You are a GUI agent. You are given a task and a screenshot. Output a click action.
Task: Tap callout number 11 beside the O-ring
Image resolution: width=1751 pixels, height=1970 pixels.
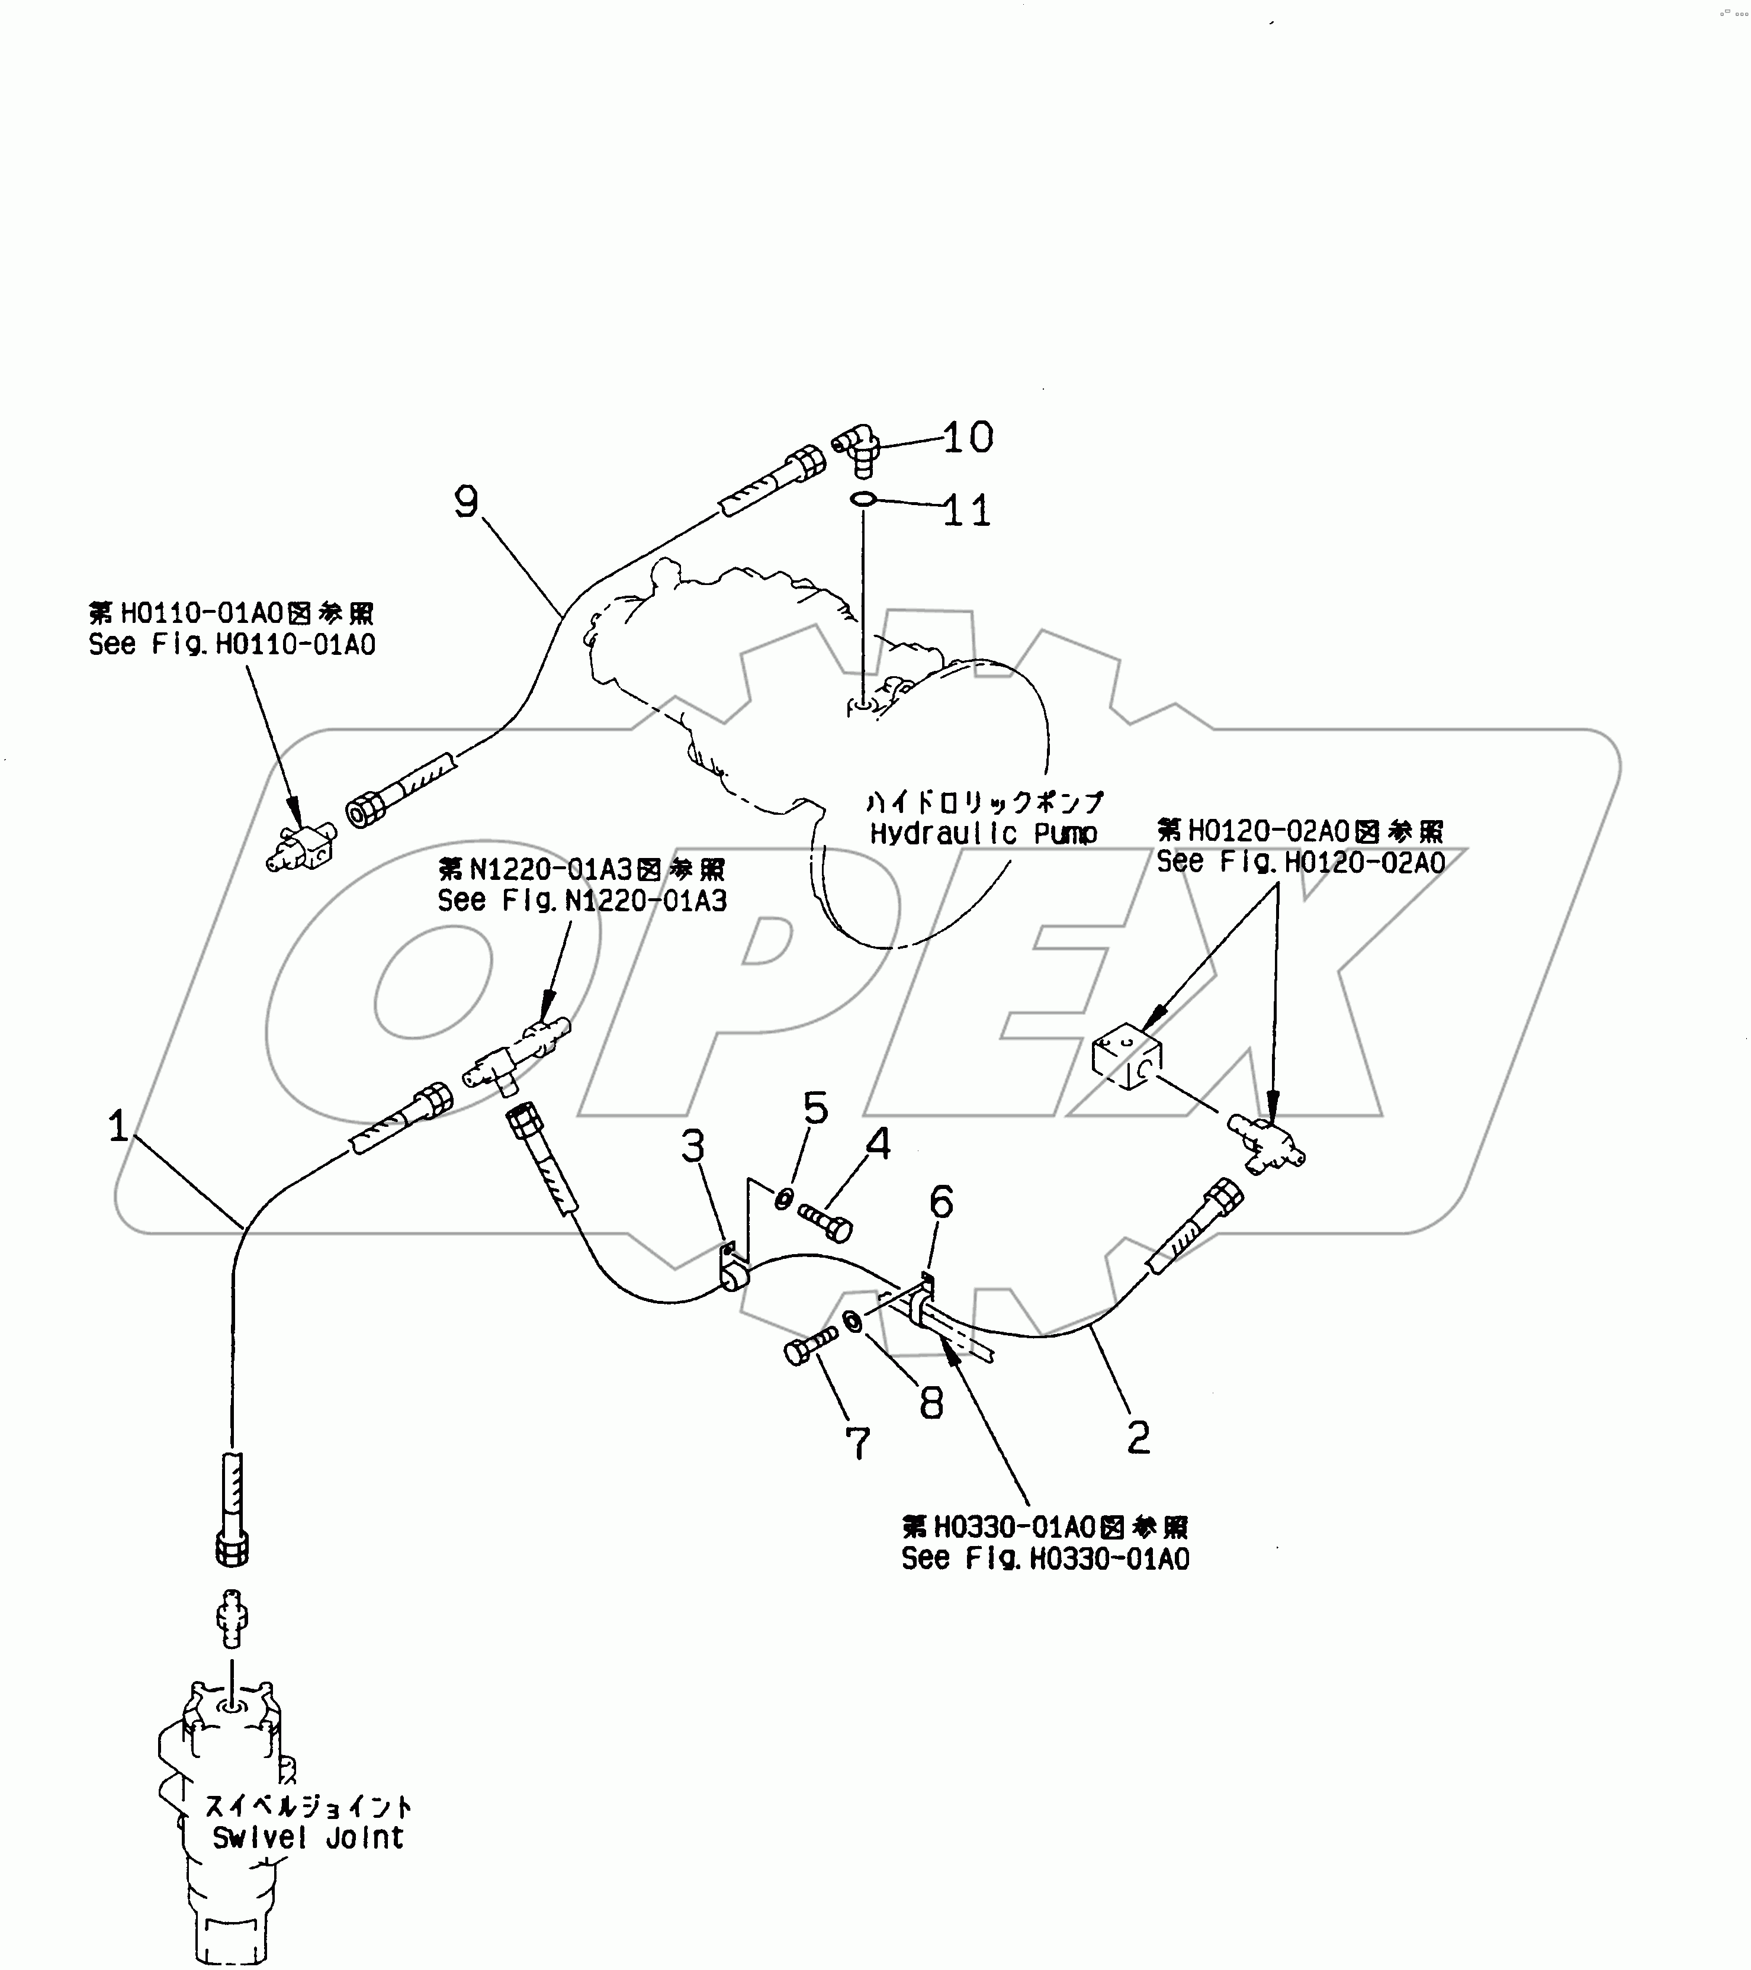click(x=966, y=511)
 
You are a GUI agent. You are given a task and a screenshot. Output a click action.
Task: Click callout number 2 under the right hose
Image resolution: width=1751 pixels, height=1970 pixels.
click(x=1138, y=1438)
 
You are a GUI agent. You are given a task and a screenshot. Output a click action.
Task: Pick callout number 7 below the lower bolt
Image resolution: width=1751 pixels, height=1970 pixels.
click(x=857, y=1443)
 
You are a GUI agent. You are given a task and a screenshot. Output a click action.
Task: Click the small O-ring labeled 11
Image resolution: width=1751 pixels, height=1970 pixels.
click(x=863, y=499)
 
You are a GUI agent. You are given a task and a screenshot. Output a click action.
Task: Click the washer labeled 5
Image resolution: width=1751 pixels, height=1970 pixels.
click(x=785, y=1198)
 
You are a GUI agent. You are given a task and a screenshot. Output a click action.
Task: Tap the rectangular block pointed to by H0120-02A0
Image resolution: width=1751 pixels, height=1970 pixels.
click(x=1126, y=1058)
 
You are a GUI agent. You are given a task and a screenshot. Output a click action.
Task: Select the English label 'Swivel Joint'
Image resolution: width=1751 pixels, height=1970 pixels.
click(x=307, y=1837)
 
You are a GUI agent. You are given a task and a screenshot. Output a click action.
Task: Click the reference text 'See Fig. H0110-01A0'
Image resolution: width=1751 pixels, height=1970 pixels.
click(x=232, y=644)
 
